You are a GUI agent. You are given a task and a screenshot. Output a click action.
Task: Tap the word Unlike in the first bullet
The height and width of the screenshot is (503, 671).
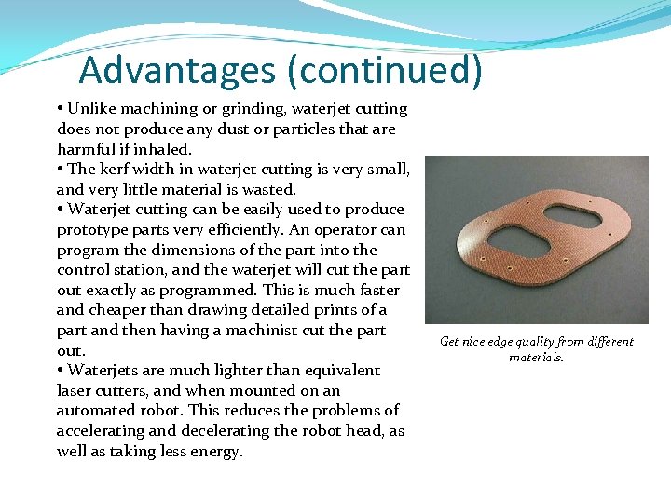92,109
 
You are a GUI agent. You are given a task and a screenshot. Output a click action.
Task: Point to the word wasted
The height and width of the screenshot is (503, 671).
267,189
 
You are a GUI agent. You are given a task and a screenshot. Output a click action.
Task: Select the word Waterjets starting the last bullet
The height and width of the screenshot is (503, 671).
103,370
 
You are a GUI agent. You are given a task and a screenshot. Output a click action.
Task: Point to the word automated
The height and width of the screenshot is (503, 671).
94,411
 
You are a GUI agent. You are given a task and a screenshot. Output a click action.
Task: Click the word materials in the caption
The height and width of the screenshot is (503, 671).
536,357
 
